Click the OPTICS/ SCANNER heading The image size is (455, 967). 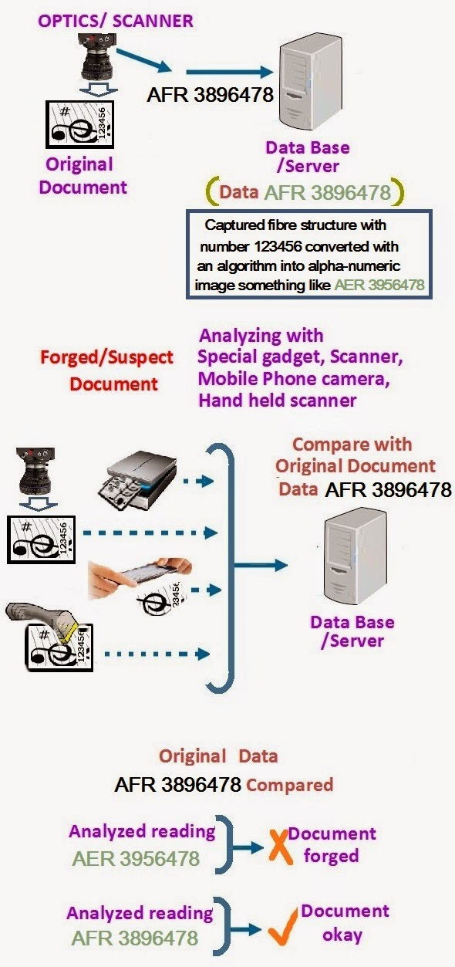coord(115,21)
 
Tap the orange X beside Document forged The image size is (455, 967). coord(281,846)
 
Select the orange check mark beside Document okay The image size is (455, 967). coord(282,927)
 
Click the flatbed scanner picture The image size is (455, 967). coord(137,480)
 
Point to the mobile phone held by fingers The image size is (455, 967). coord(147,575)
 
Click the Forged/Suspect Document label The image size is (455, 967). coord(107,370)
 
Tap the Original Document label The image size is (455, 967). coord(83,176)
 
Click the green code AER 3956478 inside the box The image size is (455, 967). coord(379,285)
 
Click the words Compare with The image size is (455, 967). coord(352,445)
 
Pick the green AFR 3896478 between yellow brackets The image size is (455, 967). coord(327,192)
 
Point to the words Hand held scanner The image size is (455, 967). coord(278,401)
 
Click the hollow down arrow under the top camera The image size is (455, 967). coord(99,89)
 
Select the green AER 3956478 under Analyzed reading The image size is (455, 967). coord(136,858)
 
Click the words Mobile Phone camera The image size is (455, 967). coord(294,379)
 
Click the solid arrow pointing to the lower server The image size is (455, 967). coord(261,565)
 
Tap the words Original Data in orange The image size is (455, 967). coord(218,756)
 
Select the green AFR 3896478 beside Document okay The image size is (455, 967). coord(135,938)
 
